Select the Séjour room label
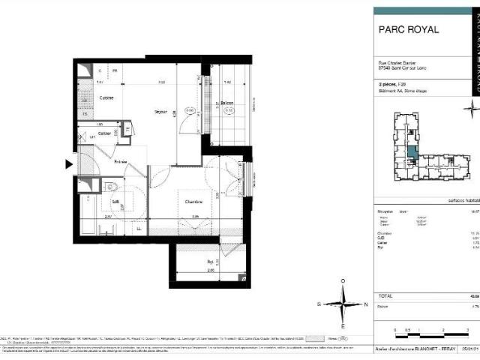coord(160,112)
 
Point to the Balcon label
coord(227,103)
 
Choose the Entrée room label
coord(120,160)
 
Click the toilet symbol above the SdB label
coord(110,187)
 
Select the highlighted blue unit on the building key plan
coord(412,155)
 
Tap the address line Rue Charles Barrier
coord(396,63)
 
